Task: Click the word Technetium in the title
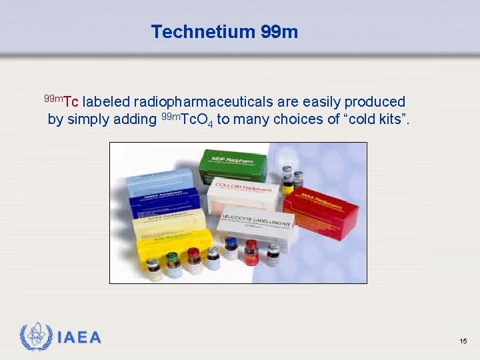(203, 31)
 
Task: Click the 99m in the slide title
(279, 31)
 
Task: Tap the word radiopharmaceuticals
(203, 102)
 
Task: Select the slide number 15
(463, 341)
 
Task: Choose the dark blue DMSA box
(163, 200)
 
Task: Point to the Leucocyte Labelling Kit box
(260, 227)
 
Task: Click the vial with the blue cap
(231, 247)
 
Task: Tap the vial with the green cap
(173, 264)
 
